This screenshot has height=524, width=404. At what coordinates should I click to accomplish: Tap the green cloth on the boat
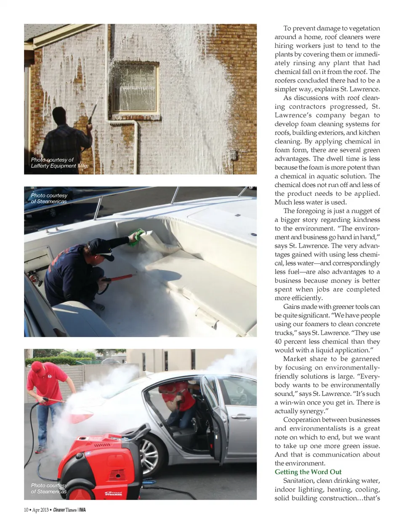point(136,237)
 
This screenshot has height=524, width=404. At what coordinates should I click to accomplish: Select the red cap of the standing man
point(37,367)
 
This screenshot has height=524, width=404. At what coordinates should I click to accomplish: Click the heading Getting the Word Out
point(308,472)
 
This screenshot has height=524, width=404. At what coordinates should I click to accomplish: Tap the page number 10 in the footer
point(26,510)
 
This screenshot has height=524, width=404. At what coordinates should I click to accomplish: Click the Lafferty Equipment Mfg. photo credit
point(59,163)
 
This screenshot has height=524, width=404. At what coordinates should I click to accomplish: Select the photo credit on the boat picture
point(49,198)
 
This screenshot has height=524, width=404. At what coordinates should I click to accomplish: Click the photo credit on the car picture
point(49,488)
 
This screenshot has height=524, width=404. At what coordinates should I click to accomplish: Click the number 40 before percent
point(278,341)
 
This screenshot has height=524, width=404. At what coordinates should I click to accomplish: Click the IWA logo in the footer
point(82,510)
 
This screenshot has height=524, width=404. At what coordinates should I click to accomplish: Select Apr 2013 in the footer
point(40,510)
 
